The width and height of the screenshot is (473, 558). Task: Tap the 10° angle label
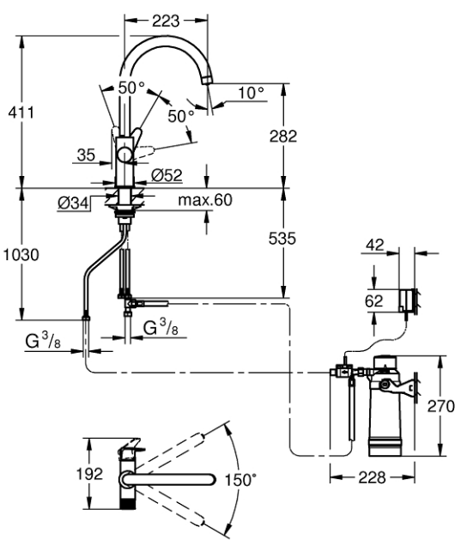tap(251, 92)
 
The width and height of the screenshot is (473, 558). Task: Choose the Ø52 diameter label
tap(166, 176)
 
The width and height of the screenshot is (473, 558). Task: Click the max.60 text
tap(207, 200)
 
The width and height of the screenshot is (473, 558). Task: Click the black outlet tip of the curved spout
tap(207, 80)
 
